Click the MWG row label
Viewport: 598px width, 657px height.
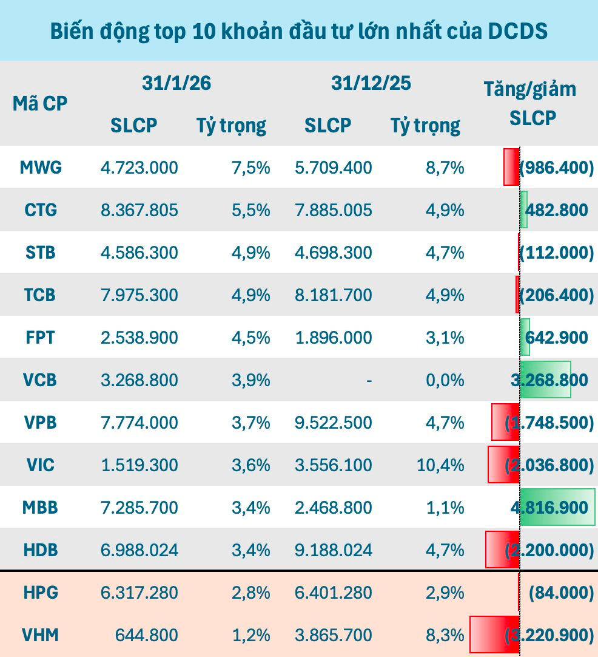pyautogui.click(x=41, y=167)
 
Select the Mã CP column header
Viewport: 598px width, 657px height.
pyautogui.click(x=40, y=103)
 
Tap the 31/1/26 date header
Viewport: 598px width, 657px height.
pyautogui.click(x=176, y=83)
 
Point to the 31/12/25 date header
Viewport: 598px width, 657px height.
pyautogui.click(x=371, y=83)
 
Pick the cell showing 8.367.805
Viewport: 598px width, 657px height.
pyautogui.click(x=139, y=210)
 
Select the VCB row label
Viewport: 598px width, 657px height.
pyautogui.click(x=41, y=380)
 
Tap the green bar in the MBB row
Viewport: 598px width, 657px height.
pyautogui.click(x=558, y=508)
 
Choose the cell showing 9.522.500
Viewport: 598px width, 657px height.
pyautogui.click(x=334, y=423)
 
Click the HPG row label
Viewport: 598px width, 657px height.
pyautogui.click(x=41, y=593)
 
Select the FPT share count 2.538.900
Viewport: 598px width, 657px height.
pyautogui.click(x=139, y=338)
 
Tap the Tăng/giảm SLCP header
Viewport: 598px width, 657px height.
pyautogui.click(x=529, y=103)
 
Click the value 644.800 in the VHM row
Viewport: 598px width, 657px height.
pyautogui.click(x=147, y=635)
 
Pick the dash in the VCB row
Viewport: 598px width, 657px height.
pyautogui.click(x=368, y=381)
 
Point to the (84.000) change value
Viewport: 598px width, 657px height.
pyautogui.click(x=561, y=593)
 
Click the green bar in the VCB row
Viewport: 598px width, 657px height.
pyautogui.click(x=545, y=380)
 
